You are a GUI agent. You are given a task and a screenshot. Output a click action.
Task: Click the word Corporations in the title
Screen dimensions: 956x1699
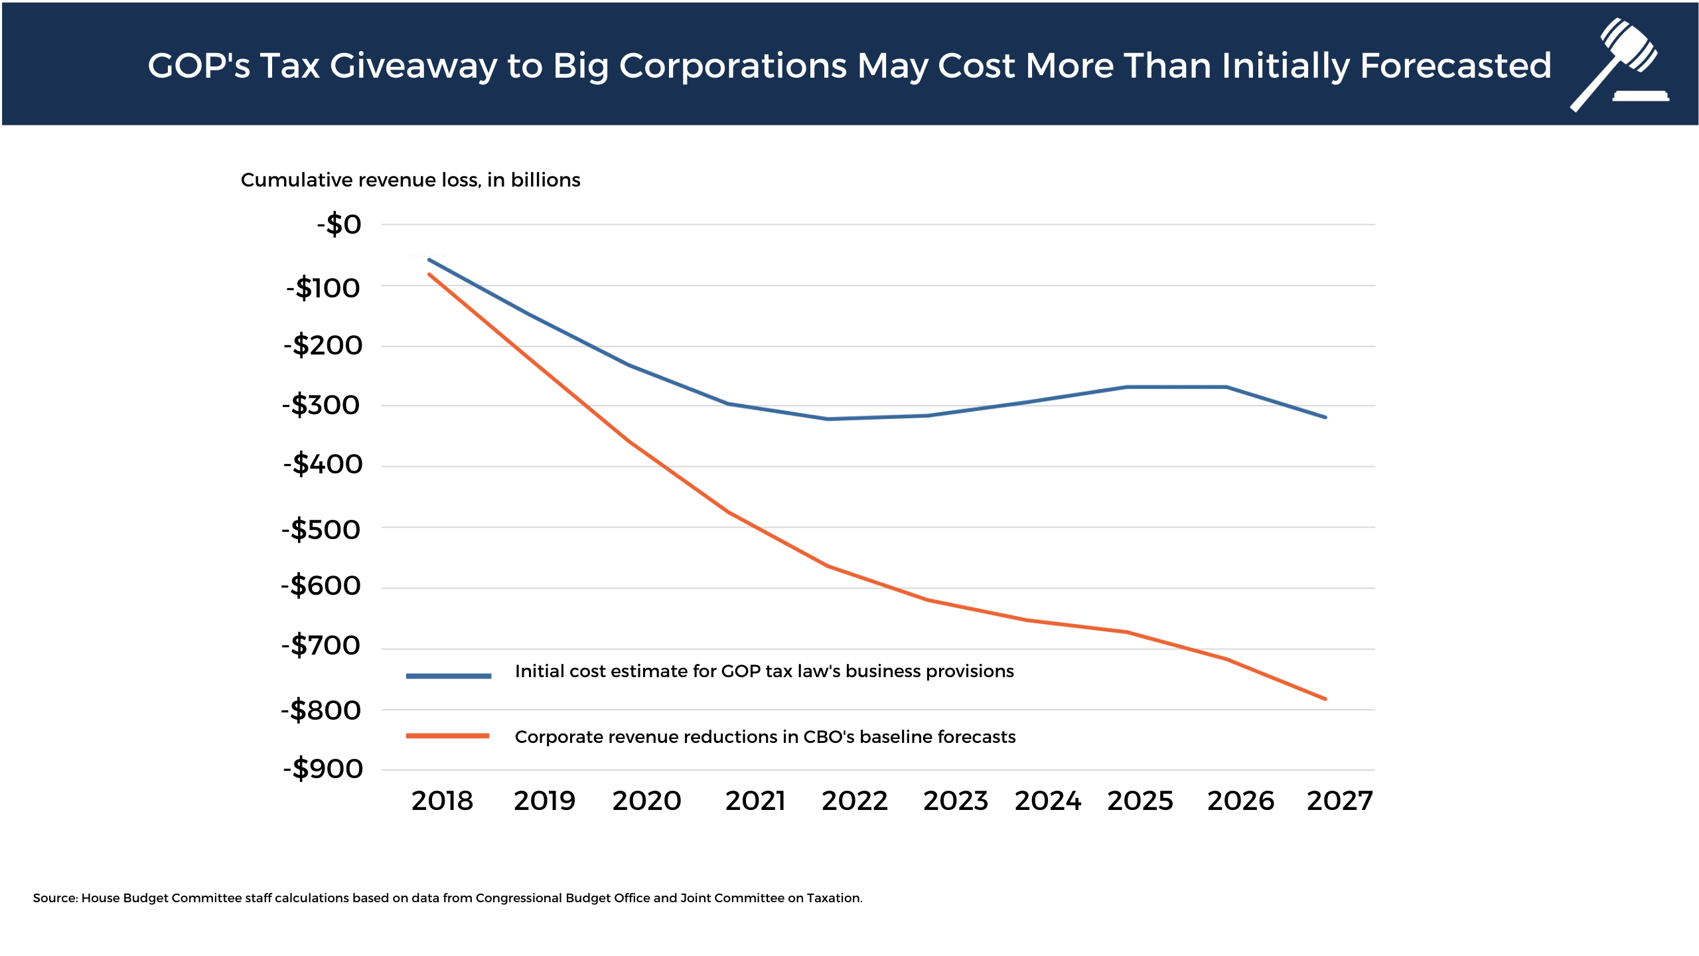[x=733, y=66]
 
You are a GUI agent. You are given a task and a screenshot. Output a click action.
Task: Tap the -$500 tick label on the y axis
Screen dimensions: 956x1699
[x=321, y=530]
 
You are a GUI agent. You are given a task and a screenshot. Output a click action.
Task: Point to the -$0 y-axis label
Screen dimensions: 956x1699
[x=339, y=224]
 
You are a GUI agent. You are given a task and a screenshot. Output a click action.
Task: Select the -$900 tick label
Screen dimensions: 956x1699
[x=323, y=769]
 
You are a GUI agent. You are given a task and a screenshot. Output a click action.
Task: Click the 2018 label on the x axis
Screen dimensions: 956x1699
[x=442, y=801]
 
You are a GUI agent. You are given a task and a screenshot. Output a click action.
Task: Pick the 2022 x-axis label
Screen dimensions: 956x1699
[x=855, y=801]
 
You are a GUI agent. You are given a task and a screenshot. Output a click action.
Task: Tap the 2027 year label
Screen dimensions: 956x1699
[x=1339, y=801]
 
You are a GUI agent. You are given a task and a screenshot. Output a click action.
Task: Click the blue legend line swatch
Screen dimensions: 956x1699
[x=449, y=676]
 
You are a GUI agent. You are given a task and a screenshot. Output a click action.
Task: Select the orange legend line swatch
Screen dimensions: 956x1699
[x=448, y=736]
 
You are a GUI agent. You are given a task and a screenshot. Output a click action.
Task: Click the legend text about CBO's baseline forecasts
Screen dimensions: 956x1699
[x=765, y=737]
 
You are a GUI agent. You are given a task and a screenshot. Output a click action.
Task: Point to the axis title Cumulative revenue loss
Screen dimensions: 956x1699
[x=410, y=180]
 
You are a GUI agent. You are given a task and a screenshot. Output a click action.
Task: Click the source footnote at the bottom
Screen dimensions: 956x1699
[x=448, y=898]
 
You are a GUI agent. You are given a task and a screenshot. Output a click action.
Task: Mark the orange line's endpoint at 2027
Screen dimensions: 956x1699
[x=1325, y=698]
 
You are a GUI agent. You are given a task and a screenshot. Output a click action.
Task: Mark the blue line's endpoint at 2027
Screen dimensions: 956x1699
[x=1325, y=417]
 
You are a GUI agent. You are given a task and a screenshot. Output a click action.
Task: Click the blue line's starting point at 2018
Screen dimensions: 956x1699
[x=429, y=260]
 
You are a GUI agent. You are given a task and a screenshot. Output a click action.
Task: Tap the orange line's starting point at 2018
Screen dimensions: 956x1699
[x=429, y=274]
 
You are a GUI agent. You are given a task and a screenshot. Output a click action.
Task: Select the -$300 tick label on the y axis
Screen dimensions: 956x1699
[x=321, y=405]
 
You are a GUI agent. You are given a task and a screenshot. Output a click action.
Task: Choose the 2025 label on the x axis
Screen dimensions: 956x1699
[x=1140, y=801]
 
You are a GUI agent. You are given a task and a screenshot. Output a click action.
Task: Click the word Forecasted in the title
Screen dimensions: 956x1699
[x=1455, y=66]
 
